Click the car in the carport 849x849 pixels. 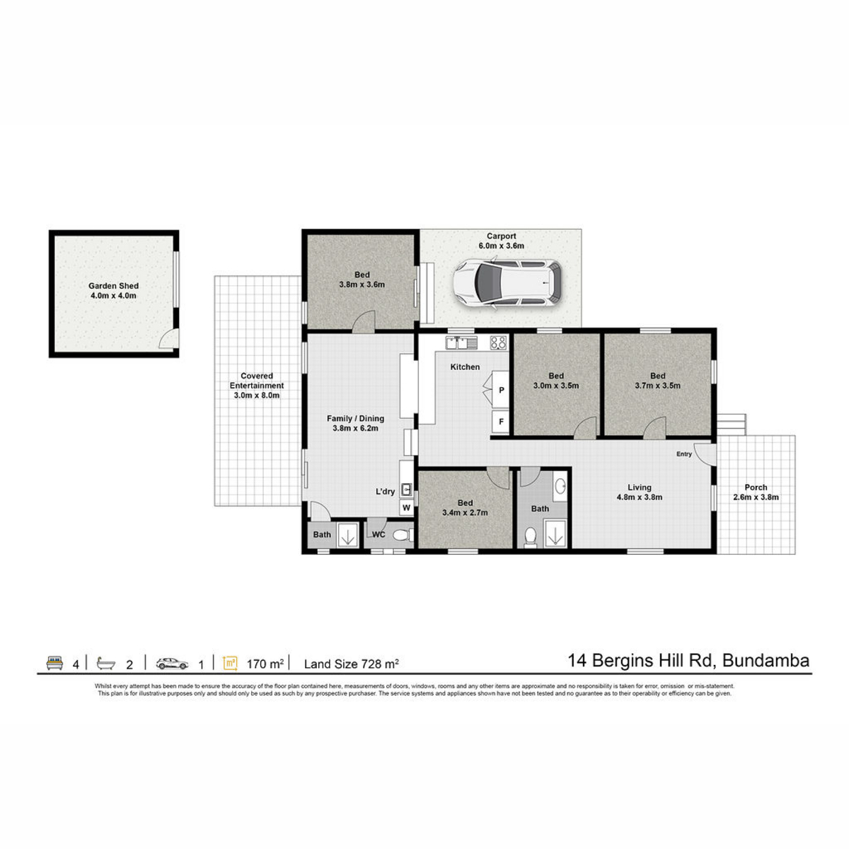(x=507, y=282)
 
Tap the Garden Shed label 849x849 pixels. (x=113, y=286)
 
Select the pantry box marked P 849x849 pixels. (x=500, y=388)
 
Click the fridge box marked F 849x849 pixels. (x=500, y=422)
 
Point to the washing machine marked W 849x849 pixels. (x=406, y=507)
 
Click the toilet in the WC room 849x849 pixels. (x=403, y=534)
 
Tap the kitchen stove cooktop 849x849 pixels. (x=499, y=342)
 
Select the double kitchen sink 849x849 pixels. (x=461, y=342)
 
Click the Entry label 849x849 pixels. (x=683, y=454)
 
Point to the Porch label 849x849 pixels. (x=756, y=487)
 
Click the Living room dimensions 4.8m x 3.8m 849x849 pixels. (x=639, y=497)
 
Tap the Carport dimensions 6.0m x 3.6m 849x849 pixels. (x=502, y=246)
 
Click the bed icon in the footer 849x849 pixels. (x=54, y=663)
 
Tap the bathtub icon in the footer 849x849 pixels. (x=105, y=664)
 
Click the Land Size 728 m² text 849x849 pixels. (x=351, y=664)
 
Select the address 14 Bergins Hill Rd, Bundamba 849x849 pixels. (x=688, y=661)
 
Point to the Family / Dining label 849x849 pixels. (x=355, y=419)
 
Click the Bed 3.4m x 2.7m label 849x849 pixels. (x=465, y=507)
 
